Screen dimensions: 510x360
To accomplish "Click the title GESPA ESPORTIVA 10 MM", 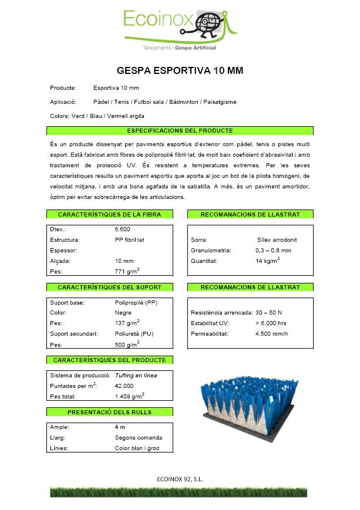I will pyautogui.click(x=180, y=71).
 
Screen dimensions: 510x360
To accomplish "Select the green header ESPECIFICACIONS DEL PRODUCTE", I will pyautogui.click(x=180, y=130).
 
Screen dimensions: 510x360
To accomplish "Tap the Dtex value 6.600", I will pyautogui.click(x=123, y=229).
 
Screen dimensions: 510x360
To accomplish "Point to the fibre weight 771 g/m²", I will pyautogui.click(x=127, y=271).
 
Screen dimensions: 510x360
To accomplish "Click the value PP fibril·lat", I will pyautogui.click(x=130, y=240).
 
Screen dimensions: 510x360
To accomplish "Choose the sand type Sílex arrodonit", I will pyautogui.click(x=277, y=240).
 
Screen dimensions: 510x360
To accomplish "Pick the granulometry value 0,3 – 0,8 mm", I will pyautogui.click(x=273, y=250).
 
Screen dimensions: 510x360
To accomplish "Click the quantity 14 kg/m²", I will pyautogui.click(x=267, y=260).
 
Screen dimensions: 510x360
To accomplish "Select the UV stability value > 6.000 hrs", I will pyautogui.click(x=271, y=323).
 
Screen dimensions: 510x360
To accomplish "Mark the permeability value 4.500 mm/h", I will pyautogui.click(x=272, y=333).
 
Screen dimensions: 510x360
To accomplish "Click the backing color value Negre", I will pyautogui.click(x=123, y=313).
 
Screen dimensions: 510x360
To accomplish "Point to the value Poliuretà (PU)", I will pyautogui.click(x=135, y=333).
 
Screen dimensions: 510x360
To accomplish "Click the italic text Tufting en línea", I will pyautogui.click(x=136, y=375).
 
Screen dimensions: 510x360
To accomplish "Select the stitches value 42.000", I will pyautogui.click(x=125, y=386).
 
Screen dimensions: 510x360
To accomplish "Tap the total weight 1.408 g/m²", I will pyautogui.click(x=130, y=396).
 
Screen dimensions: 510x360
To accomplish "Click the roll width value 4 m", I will pyautogui.click(x=120, y=427).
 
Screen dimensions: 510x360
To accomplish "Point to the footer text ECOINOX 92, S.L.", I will pyautogui.click(x=180, y=479).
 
